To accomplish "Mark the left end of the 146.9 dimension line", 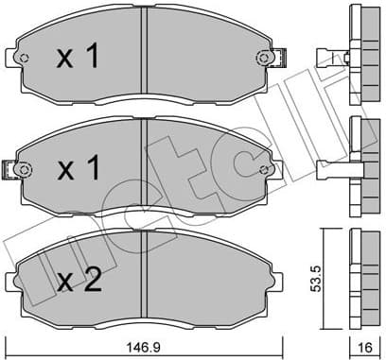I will tap(6, 339).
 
